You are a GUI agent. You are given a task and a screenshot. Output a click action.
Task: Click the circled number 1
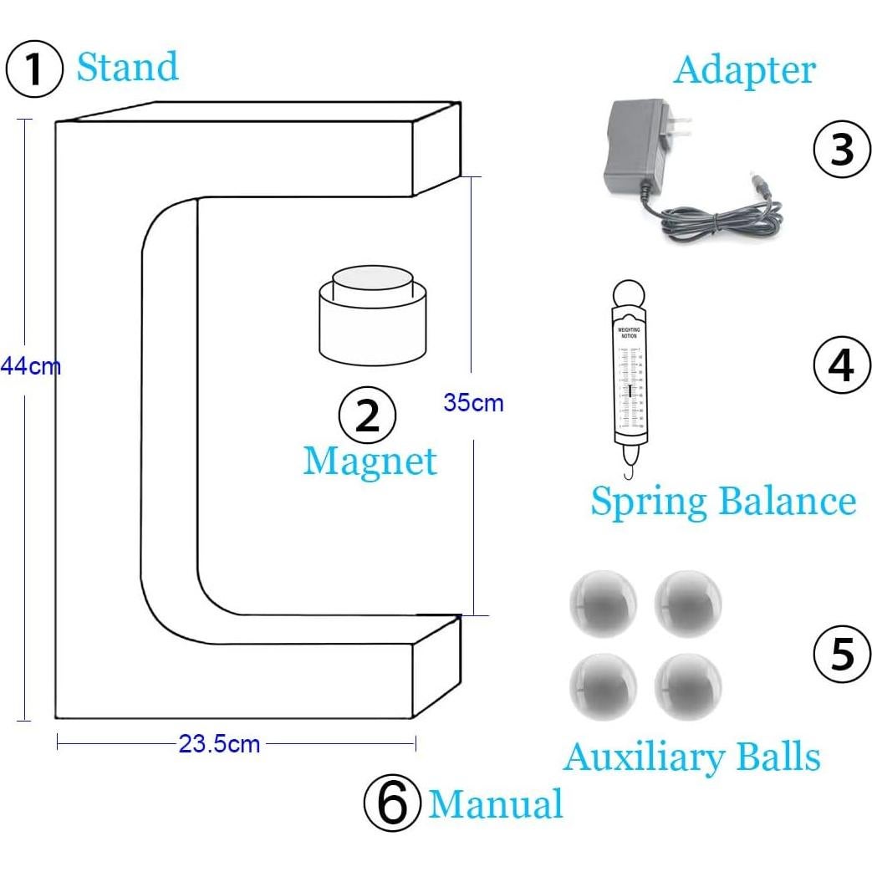point(34,70)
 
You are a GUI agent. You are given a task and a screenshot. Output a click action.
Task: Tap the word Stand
point(127,67)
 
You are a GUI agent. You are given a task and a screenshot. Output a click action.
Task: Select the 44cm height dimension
point(30,366)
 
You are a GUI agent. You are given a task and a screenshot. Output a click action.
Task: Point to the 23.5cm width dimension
point(219,743)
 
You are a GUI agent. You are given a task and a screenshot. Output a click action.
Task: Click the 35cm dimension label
point(473,402)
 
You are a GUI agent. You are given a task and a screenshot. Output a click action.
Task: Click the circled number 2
point(367,416)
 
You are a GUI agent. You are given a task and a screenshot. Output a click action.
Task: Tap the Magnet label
point(370,461)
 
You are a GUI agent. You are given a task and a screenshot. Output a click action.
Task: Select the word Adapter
point(744,69)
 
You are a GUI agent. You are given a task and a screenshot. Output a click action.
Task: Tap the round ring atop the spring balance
point(628,296)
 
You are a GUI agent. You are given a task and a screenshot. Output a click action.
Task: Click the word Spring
point(649,502)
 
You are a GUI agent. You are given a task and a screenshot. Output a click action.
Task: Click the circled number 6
point(391,804)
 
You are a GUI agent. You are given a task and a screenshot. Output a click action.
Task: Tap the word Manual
point(496,804)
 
